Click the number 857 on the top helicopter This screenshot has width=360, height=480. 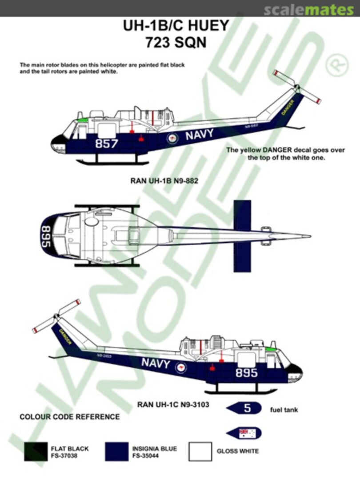[107, 144]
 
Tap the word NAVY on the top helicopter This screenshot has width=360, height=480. [199, 135]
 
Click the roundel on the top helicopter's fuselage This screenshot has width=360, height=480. [172, 139]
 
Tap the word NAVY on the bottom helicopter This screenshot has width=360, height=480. [156, 363]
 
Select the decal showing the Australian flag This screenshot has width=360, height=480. [244, 433]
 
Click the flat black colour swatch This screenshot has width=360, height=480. [36, 452]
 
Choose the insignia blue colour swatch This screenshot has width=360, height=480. [116, 452]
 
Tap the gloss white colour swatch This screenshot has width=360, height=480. [200, 452]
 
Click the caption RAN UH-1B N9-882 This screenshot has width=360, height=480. [164, 181]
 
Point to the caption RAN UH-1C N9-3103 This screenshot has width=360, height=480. [173, 404]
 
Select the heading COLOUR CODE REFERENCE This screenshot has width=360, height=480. [69, 417]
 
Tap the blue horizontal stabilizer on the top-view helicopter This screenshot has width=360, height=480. [242, 236]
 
